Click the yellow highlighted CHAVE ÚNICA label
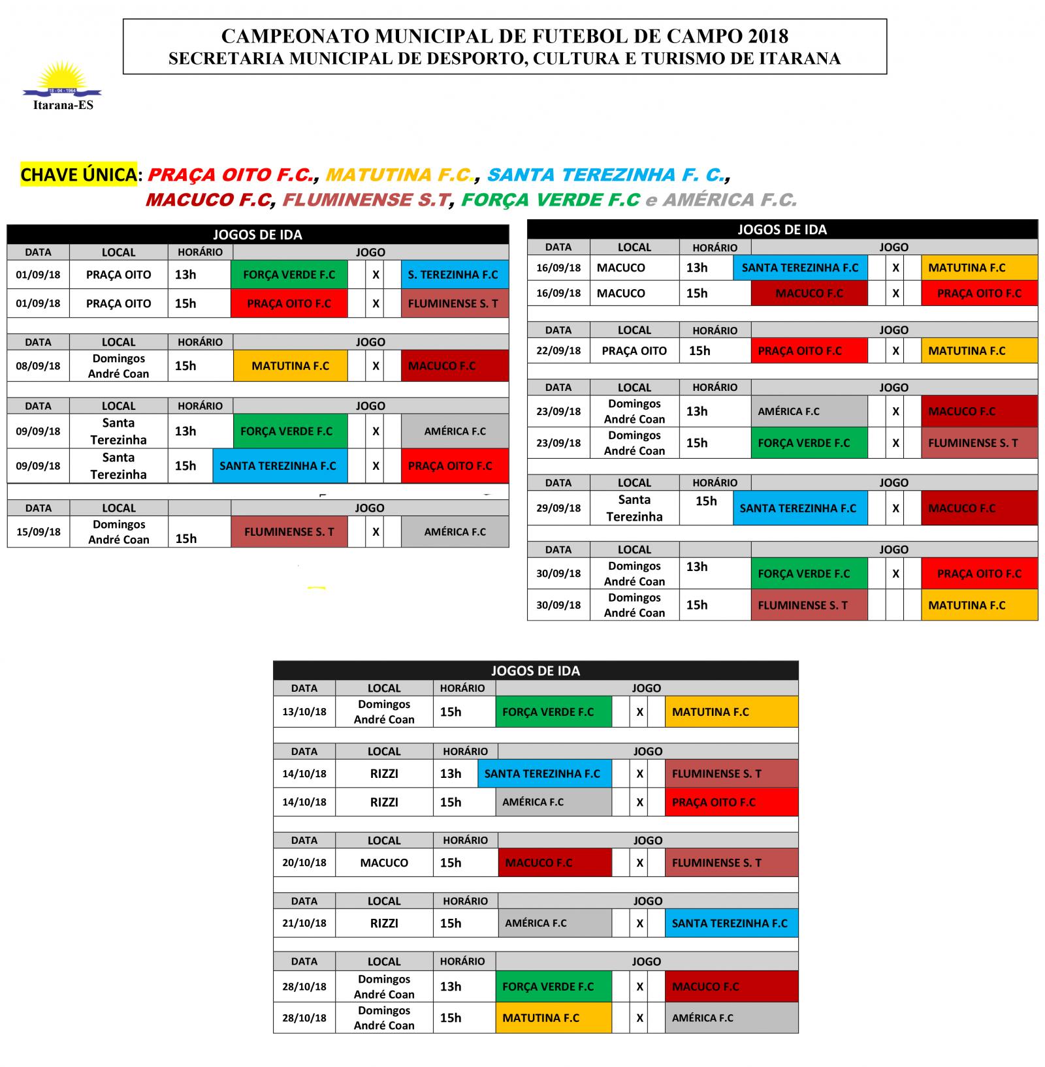coord(78,175)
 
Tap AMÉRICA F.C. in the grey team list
coord(730,200)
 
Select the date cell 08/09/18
coord(38,366)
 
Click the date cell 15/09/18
coord(38,532)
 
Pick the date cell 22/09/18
coord(558,350)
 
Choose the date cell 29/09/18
coord(558,508)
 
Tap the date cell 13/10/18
coord(304,712)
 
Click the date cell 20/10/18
coord(304,863)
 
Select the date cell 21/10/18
coord(304,923)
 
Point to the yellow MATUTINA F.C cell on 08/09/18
coord(290,366)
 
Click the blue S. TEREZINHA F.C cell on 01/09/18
coord(454,275)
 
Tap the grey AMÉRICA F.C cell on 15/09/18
coord(455,532)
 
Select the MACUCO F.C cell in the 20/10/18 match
coord(554,863)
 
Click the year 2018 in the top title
coord(765,36)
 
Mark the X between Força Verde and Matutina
coord(639,712)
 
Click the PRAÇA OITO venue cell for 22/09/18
coord(634,350)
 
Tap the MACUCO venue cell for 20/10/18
coord(384,863)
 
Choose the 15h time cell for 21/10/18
coord(451,923)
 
